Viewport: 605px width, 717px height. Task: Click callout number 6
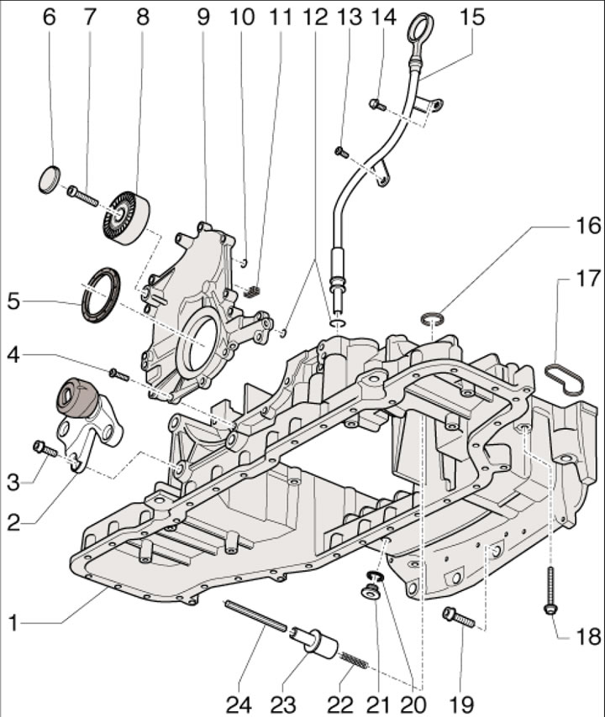pyautogui.click(x=50, y=18)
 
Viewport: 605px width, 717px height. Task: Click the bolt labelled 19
pyautogui.click(x=459, y=617)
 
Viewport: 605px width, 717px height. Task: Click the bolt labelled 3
pyautogui.click(x=44, y=449)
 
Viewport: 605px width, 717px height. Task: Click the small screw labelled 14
pyautogui.click(x=377, y=105)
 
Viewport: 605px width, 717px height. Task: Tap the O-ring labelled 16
pyautogui.click(x=431, y=318)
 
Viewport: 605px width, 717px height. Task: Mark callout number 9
pyautogui.click(x=203, y=18)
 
